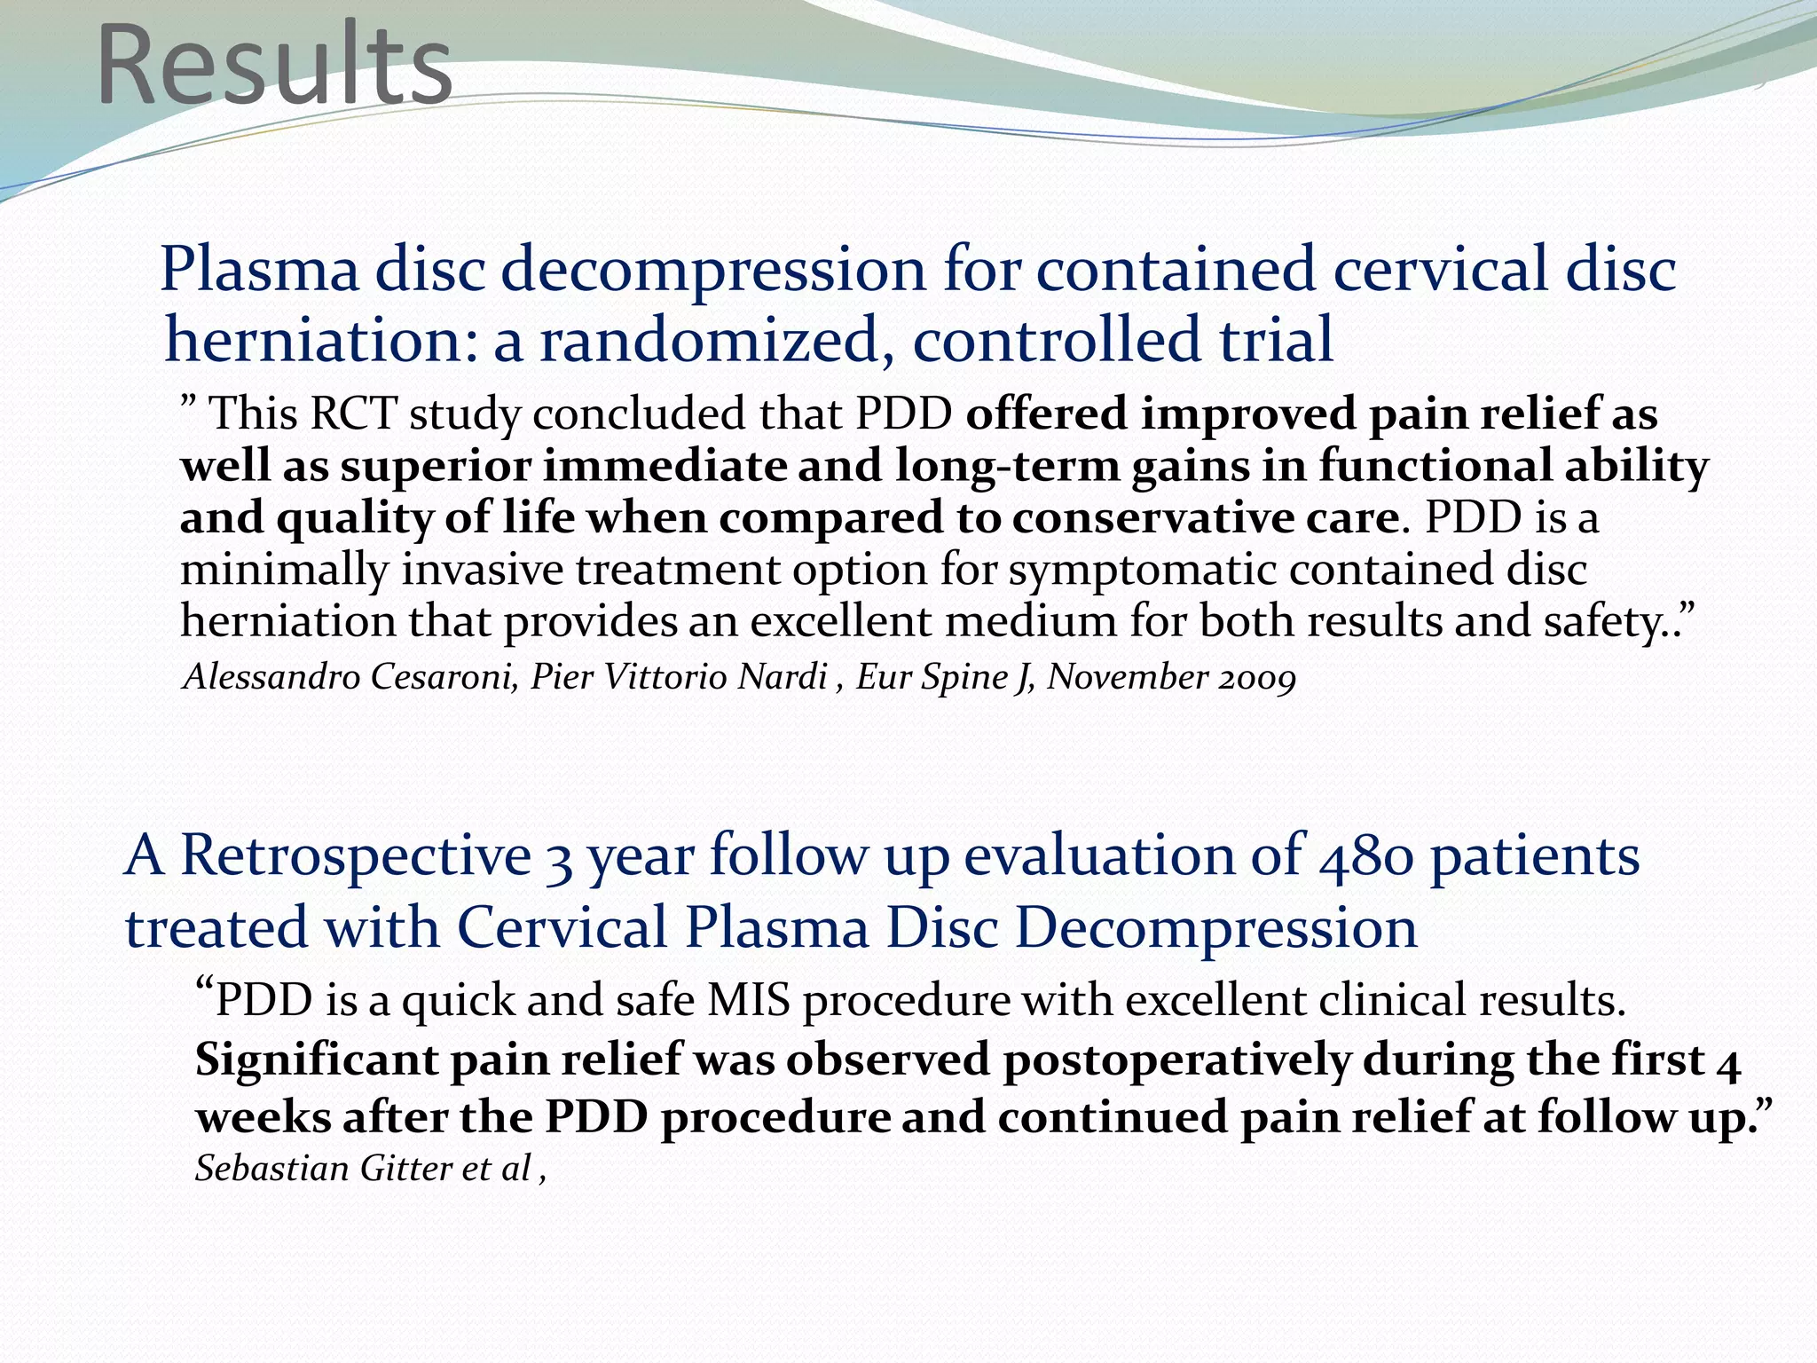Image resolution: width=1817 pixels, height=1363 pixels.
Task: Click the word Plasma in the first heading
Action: (259, 270)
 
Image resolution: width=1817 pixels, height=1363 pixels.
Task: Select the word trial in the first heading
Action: (1276, 339)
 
